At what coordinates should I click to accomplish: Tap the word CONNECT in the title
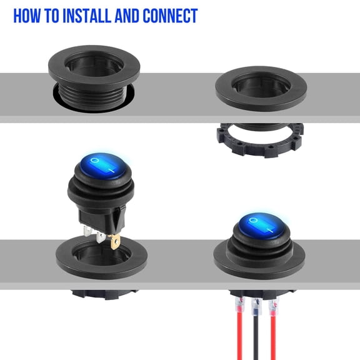click(x=169, y=16)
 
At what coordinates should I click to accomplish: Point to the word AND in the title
click(x=127, y=16)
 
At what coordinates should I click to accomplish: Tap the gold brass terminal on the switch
click(x=115, y=241)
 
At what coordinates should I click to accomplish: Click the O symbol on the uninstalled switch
click(x=94, y=161)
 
